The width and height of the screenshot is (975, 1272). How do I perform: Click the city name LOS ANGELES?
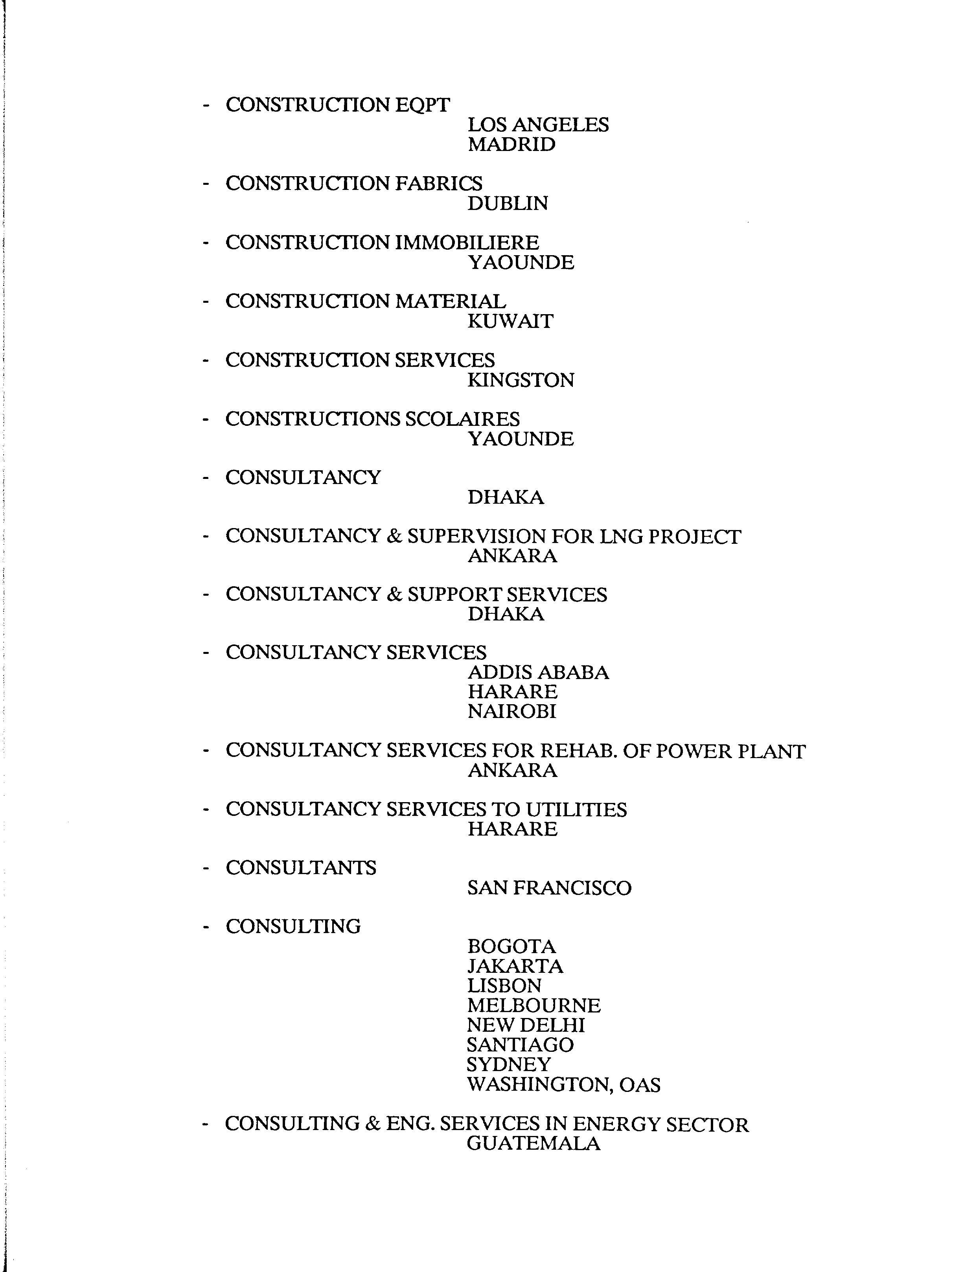tap(538, 125)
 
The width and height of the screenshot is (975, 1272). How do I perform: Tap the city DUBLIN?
tap(507, 204)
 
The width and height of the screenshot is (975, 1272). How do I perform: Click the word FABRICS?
tap(438, 183)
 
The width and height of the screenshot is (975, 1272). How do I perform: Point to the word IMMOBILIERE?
tap(467, 243)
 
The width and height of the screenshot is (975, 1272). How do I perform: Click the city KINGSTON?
tap(521, 381)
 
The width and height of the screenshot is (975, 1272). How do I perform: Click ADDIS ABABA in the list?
tap(538, 672)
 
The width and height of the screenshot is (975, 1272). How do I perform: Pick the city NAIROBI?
tap(512, 711)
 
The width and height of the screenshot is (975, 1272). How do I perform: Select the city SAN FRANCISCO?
tap(549, 888)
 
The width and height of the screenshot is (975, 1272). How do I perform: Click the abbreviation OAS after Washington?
tap(640, 1085)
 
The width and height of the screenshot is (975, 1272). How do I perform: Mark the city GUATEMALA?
tap(533, 1144)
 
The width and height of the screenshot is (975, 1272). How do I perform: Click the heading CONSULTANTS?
tap(301, 868)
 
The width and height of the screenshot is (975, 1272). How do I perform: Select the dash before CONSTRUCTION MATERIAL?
tap(206, 302)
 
